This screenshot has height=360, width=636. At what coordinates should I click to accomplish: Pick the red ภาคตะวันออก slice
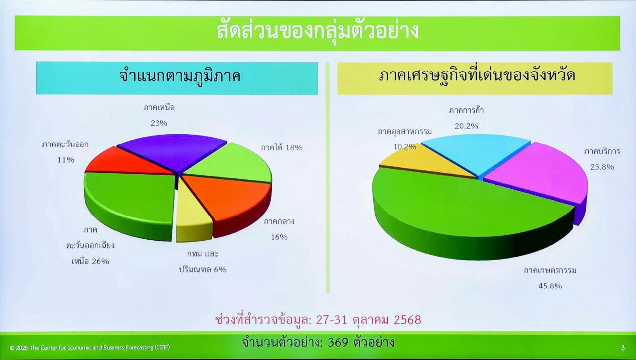[128, 162]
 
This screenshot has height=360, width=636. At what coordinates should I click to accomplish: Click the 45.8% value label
[550, 286]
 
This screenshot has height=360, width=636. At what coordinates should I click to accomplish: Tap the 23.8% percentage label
[602, 167]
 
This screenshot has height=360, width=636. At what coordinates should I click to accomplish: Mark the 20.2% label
[466, 126]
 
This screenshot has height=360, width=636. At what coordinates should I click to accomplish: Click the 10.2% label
[405, 147]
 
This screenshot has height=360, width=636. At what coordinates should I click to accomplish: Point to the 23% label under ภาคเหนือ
[159, 123]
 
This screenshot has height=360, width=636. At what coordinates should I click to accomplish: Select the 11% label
[66, 160]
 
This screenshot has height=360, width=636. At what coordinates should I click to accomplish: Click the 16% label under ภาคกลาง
[279, 237]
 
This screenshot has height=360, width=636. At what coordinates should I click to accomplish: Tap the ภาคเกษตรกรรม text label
[550, 270]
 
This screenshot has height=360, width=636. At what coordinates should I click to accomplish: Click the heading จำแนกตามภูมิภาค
[180, 76]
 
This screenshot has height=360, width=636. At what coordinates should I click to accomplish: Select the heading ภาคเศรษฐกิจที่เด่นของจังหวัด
[477, 75]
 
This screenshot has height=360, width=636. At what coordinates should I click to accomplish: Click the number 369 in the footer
[338, 343]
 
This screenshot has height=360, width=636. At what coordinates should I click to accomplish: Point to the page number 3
[623, 348]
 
